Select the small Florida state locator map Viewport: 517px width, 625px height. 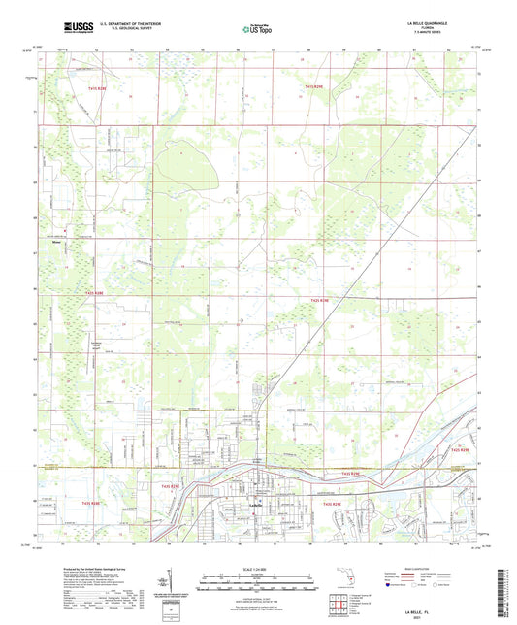pyautogui.click(x=344, y=581)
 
